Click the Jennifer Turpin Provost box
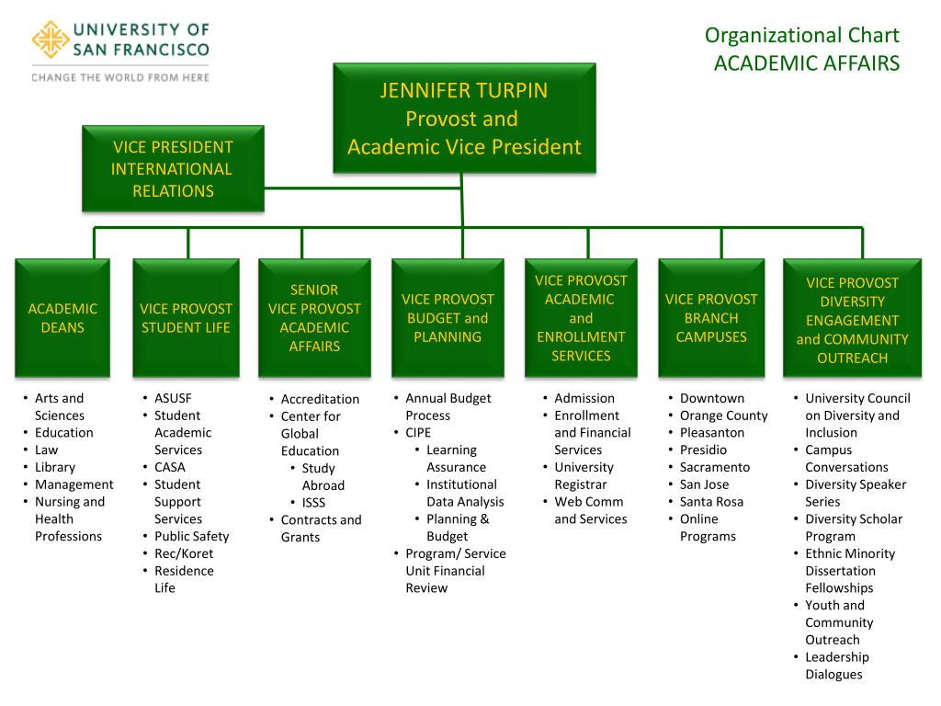pyautogui.click(x=464, y=119)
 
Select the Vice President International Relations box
pyautogui.click(x=173, y=169)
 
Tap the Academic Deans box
pyautogui.click(x=62, y=318)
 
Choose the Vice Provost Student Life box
pyautogui.click(x=186, y=318)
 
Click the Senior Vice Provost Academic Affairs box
pyautogui.click(x=314, y=318)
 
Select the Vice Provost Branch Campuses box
pyautogui.click(x=711, y=318)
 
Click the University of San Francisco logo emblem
pyautogui.click(x=50, y=39)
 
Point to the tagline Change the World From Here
pyautogui.click(x=120, y=77)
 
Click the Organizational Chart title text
pyautogui.click(x=801, y=36)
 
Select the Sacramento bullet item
pyautogui.click(x=714, y=467)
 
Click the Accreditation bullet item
pyautogui.click(x=320, y=399)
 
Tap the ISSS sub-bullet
pyautogui.click(x=313, y=503)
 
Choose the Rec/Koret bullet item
pyautogui.click(x=184, y=553)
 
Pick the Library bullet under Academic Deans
pyautogui.click(x=55, y=467)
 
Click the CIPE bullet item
pyautogui.click(x=418, y=433)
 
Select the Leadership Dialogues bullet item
pyautogui.click(x=836, y=666)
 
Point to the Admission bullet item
pyautogui.click(x=584, y=398)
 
